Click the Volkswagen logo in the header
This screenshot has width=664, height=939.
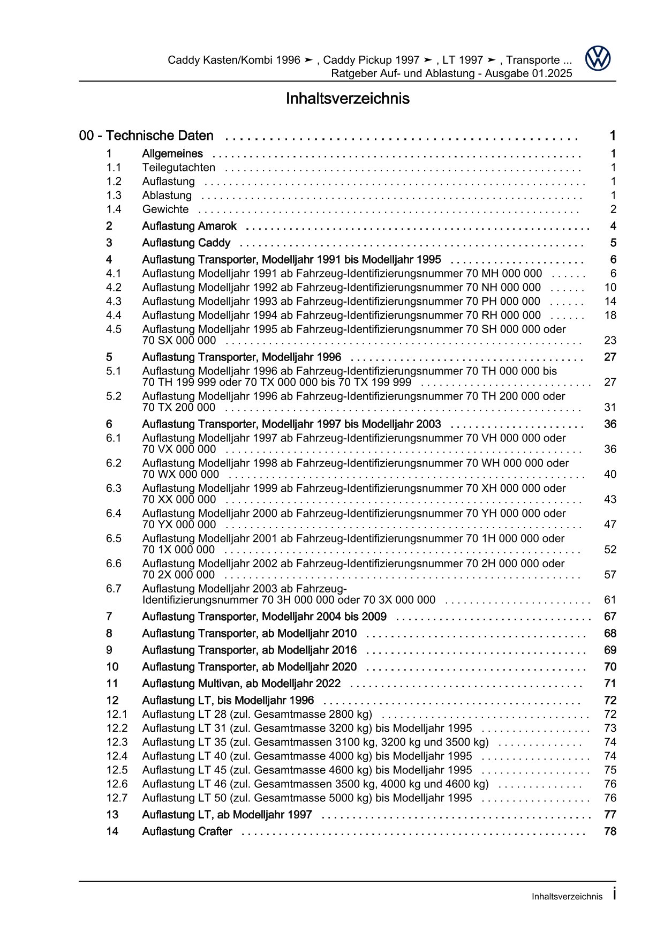tap(597, 58)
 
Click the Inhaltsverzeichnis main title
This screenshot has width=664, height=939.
tap(347, 99)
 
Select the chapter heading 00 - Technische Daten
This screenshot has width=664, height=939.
tap(146, 136)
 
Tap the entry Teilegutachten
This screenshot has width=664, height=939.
tap(178, 168)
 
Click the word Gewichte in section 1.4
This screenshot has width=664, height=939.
tap(165, 209)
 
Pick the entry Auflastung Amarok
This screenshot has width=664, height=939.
tap(189, 226)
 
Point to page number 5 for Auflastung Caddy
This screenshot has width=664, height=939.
tap(613, 243)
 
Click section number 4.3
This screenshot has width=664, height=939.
tap(114, 301)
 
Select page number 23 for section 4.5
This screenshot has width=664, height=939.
tap(610, 340)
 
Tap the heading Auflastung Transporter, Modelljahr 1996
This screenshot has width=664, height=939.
tap(241, 357)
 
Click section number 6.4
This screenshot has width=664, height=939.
tap(114, 513)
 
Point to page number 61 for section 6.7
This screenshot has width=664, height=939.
tap(610, 600)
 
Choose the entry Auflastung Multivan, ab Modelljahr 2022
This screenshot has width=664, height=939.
tap(241, 683)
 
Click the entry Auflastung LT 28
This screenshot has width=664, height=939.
tap(257, 714)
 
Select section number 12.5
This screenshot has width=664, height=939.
tap(117, 770)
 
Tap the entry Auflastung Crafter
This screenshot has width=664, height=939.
tap(187, 831)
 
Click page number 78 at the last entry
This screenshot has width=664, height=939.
tap(610, 831)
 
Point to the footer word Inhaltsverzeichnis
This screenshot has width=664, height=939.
tap(567, 897)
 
